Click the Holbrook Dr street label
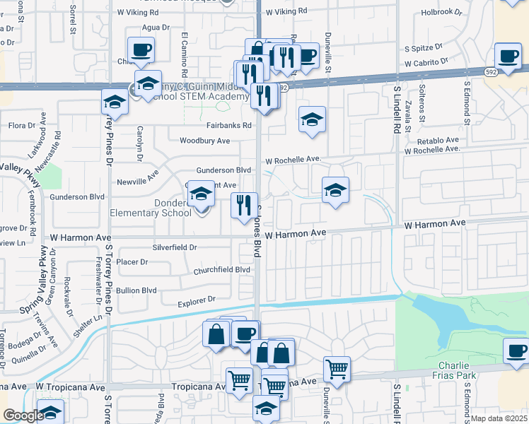[x=441, y=12]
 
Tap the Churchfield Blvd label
[x=222, y=270]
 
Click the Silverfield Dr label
[x=174, y=248]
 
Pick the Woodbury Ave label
[x=205, y=141]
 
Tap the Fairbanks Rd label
[x=228, y=126]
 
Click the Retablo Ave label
[x=438, y=141]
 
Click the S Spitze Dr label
[x=423, y=48]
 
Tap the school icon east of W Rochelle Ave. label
[x=336, y=189]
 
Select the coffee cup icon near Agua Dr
[x=141, y=49]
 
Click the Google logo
[x=23, y=416]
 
